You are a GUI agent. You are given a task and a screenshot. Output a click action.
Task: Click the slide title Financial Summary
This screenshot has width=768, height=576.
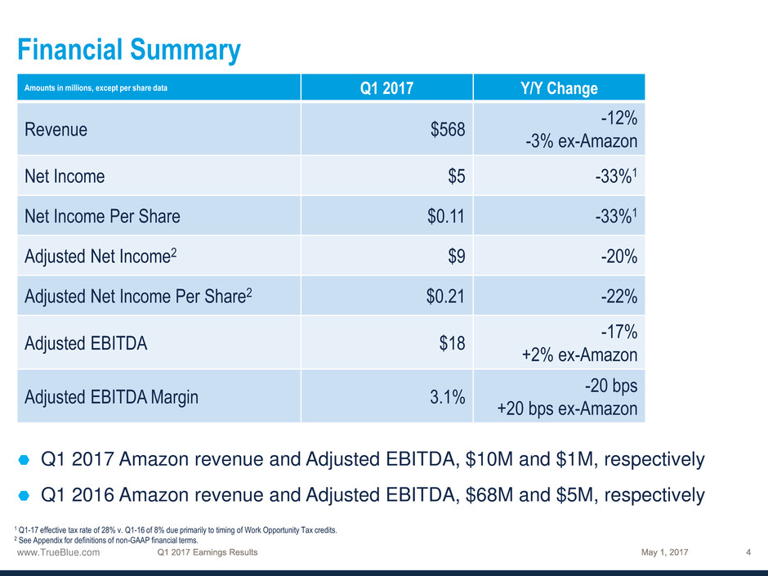coord(129,51)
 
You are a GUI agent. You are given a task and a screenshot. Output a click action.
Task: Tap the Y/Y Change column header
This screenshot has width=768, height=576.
coord(560,88)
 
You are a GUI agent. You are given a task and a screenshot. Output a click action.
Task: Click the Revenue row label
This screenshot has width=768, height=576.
coord(56,129)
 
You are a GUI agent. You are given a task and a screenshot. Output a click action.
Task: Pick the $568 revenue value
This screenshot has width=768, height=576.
coord(449,129)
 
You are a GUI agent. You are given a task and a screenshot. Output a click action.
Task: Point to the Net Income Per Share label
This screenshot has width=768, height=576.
coord(102,217)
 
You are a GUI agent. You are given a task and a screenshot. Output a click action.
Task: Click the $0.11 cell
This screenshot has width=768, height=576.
coord(447,217)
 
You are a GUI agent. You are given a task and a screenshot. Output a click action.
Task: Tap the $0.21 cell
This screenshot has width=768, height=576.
coord(447,296)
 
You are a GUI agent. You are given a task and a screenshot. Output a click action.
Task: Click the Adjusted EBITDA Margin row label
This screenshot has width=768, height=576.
coord(111,397)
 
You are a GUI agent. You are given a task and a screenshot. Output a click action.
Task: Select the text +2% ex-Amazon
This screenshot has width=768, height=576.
coord(579,355)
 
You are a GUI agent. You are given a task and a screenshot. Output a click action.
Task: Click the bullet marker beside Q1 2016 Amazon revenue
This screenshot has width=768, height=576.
coord(24,495)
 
